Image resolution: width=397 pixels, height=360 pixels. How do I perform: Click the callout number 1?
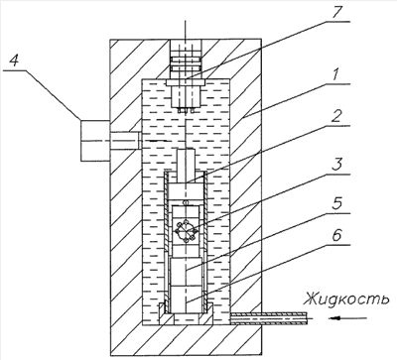tap(336, 74)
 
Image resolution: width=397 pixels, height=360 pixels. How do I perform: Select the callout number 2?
tap(336, 116)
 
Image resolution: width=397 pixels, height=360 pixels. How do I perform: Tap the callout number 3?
tap(336, 165)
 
